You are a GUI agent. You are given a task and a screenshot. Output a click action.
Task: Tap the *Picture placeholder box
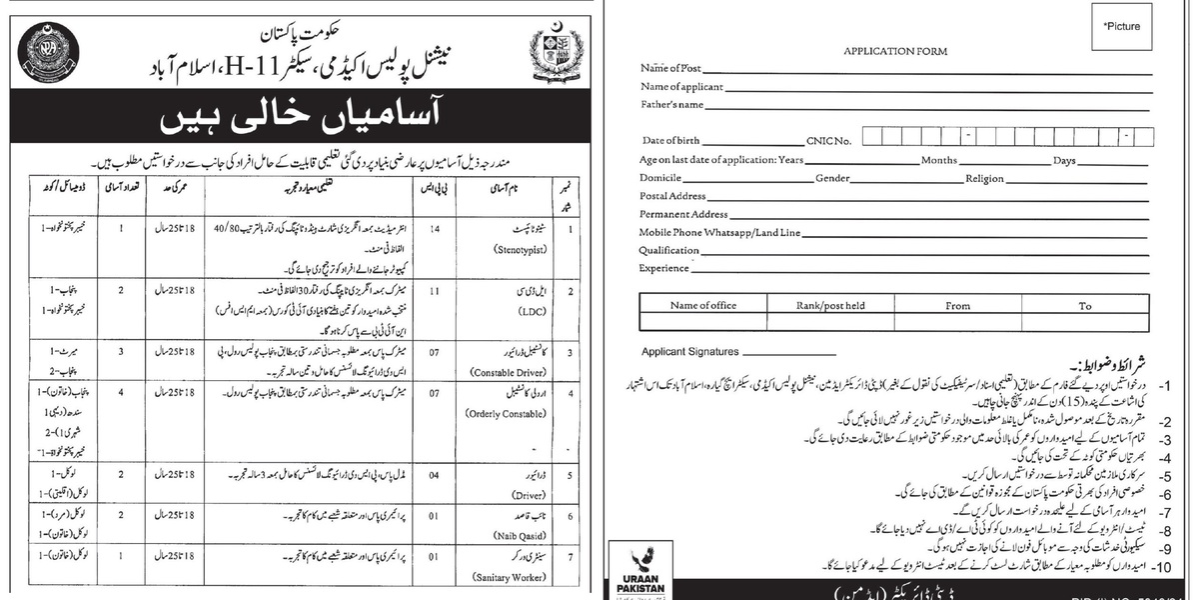tap(1121, 28)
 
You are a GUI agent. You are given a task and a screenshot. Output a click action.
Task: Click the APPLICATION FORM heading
tap(894, 51)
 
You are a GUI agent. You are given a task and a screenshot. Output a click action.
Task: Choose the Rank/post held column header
tap(830, 306)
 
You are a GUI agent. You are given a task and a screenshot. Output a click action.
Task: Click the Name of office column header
tap(703, 306)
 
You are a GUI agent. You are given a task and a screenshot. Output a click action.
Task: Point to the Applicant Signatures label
tap(691, 352)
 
